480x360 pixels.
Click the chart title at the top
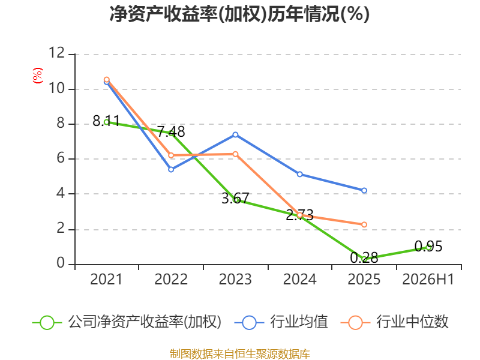pyautogui.click(x=239, y=14)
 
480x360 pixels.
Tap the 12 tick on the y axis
pyautogui.click(x=56, y=53)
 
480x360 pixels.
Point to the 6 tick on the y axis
pyautogui.click(x=61, y=158)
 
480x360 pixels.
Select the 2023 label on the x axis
pyautogui.click(x=235, y=279)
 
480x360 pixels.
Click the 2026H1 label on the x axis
pyautogui.click(x=428, y=279)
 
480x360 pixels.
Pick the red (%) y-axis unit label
pyautogui.click(x=38, y=76)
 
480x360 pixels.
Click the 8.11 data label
pyautogui.click(x=106, y=121)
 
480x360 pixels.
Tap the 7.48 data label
pyautogui.click(x=171, y=132)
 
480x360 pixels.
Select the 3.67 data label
pyautogui.click(x=235, y=199)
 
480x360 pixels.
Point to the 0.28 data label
pyautogui.click(x=364, y=258)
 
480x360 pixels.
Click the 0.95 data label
pyautogui.click(x=428, y=247)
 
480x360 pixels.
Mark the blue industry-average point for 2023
pyautogui.click(x=235, y=134)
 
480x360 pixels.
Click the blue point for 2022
pyautogui.click(x=171, y=169)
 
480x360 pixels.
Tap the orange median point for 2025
pyautogui.click(x=364, y=224)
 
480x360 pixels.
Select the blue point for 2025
pyautogui.click(x=364, y=190)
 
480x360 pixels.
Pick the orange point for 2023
pyautogui.click(x=235, y=154)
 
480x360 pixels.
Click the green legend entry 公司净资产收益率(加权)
pyautogui.click(x=127, y=322)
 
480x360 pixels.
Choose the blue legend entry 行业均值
pyautogui.click(x=281, y=322)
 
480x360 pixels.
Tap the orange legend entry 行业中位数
pyautogui.click(x=394, y=322)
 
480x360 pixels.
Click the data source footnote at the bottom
pyautogui.click(x=239, y=354)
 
